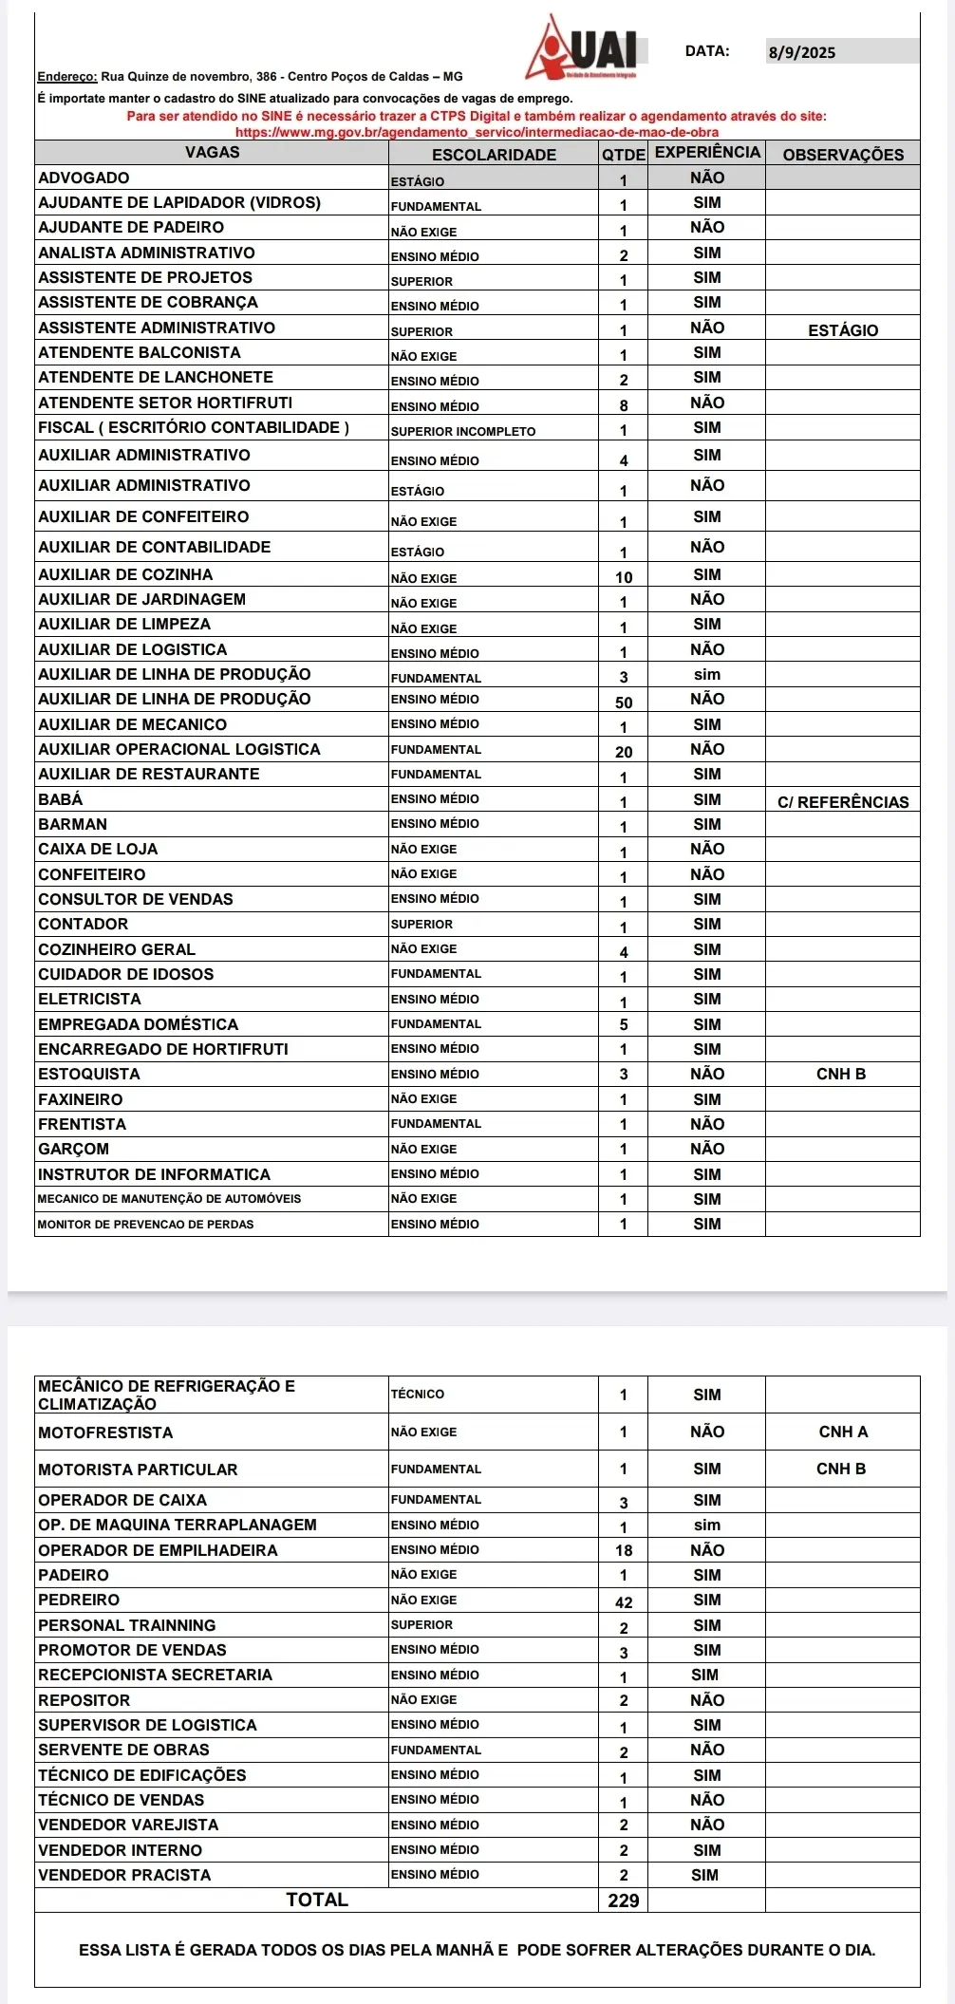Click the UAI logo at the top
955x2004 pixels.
coord(584,47)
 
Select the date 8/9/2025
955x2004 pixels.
coord(802,52)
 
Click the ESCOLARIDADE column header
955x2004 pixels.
coord(494,155)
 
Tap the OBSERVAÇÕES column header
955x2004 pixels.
coord(843,155)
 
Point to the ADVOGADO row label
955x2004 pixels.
coord(84,178)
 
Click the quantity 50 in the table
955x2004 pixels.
coord(624,702)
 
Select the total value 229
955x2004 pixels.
coord(624,1901)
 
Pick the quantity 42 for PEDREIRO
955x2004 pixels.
coord(624,1602)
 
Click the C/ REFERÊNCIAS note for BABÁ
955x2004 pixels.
coord(843,802)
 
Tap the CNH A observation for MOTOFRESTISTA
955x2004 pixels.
coord(843,1432)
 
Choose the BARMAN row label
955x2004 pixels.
coord(73,824)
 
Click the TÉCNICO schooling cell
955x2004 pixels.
coord(418,1394)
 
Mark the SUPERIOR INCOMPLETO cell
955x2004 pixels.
coord(463,431)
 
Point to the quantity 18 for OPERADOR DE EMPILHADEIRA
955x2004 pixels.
coord(624,1550)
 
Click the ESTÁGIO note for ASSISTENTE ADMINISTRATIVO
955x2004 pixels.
coord(843,330)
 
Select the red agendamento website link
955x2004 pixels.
coord(477,132)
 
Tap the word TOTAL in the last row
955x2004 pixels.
coord(317,1900)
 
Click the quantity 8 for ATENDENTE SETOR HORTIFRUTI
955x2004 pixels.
coord(624,405)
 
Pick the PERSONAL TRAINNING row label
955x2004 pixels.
coord(127,1625)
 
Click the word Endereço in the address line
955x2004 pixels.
coord(66,77)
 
